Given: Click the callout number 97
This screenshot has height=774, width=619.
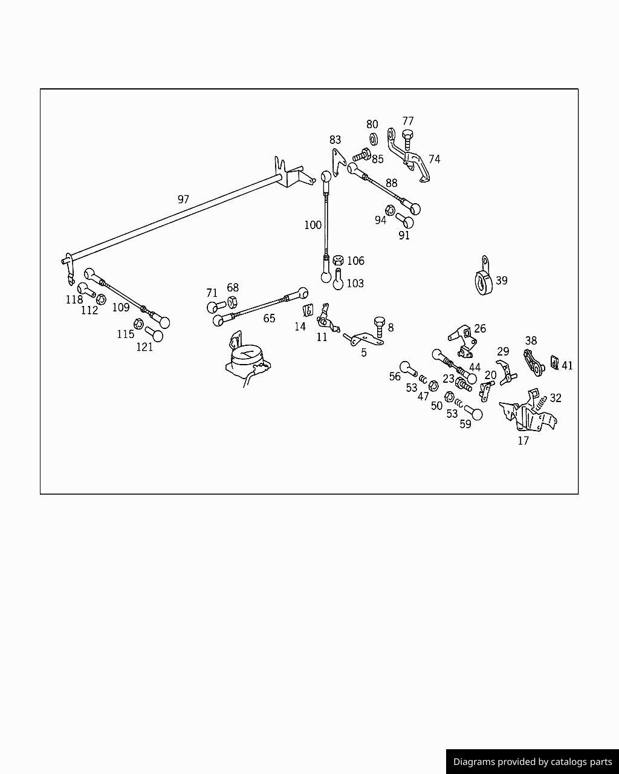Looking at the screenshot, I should [183, 199].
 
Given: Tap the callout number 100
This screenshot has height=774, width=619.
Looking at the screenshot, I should [313, 225].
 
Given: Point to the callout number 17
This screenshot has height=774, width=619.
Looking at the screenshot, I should [523, 441].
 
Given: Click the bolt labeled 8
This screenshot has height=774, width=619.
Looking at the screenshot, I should [380, 327].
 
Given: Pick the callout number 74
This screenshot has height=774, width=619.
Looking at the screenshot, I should [434, 159].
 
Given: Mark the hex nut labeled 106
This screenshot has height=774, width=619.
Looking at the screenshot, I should [339, 260].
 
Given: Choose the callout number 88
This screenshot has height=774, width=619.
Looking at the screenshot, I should [391, 183].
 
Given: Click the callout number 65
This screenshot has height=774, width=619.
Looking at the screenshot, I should [269, 318].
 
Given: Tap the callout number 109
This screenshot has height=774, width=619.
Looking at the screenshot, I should [121, 307].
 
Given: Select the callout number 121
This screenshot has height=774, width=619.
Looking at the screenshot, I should [144, 346].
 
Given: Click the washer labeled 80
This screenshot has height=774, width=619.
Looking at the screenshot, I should [374, 139].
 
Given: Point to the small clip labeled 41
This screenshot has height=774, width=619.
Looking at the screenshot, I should [554, 365].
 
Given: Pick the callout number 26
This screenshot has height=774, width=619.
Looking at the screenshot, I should [479, 328].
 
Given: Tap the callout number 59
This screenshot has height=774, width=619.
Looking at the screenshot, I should [465, 424].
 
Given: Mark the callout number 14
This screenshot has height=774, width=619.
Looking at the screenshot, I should [300, 327].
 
